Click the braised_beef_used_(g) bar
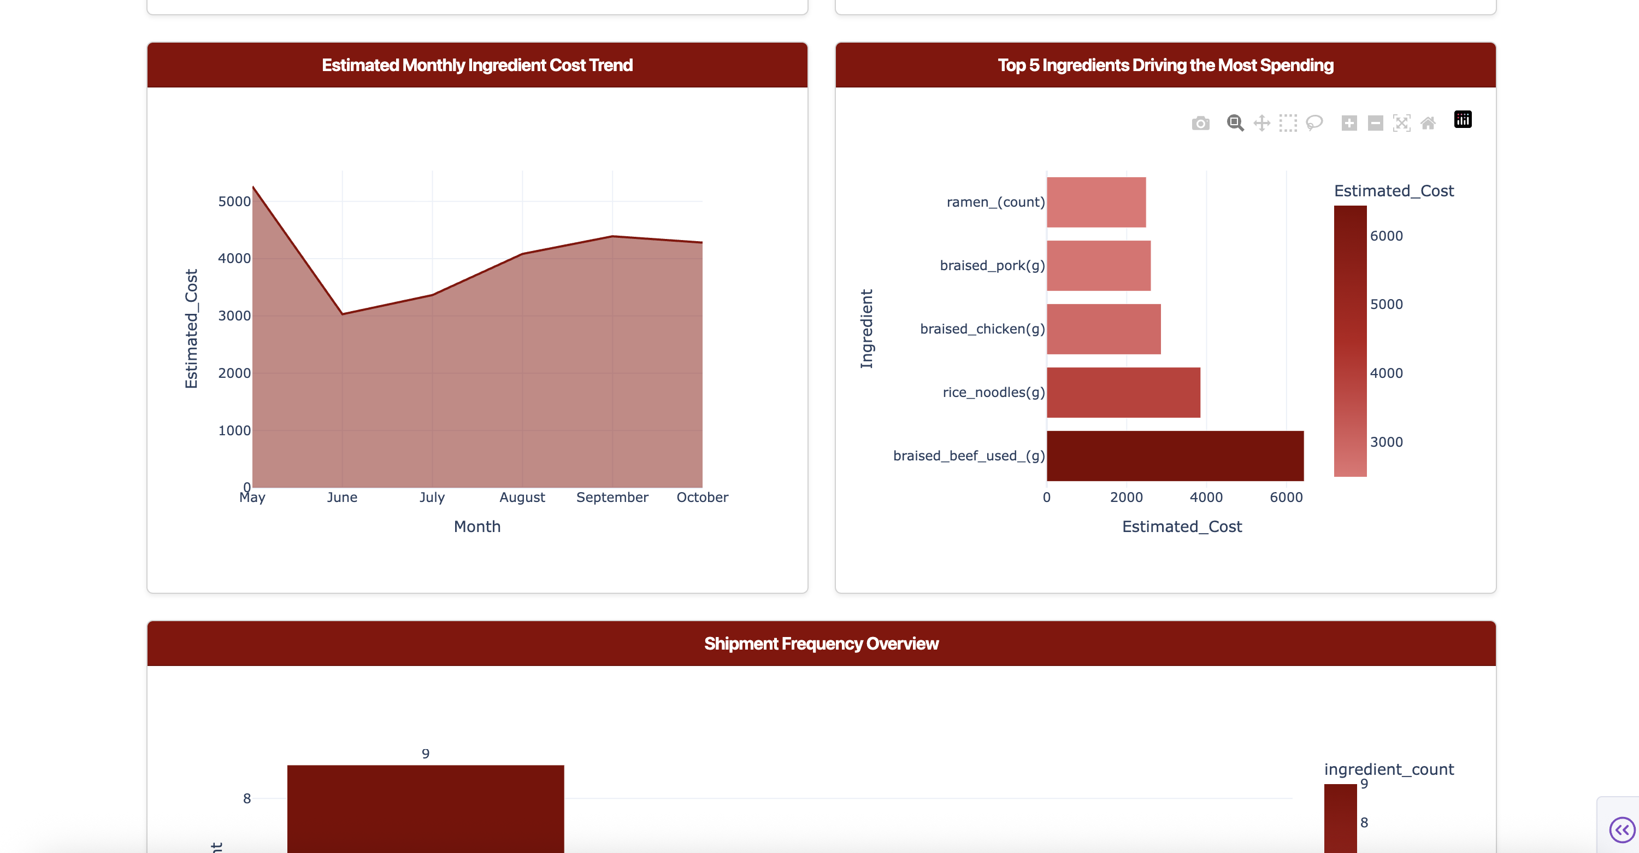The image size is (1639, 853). coord(1175,456)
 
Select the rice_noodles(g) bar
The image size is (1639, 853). coord(1123,392)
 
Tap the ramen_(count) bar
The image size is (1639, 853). coord(1095,202)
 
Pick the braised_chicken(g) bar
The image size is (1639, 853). coord(1103,329)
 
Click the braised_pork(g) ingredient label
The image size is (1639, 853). coord(992,265)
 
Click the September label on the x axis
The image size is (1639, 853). coord(611,497)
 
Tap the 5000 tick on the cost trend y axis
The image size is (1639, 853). coord(234,202)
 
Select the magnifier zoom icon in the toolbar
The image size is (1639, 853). coord(1234,123)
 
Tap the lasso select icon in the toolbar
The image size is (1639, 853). coord(1314,123)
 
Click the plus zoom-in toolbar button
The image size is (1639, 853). coord(1349,123)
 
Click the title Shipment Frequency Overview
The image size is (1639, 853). coord(821,644)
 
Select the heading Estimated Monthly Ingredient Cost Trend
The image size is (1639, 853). coord(477,65)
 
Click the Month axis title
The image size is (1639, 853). coord(477,527)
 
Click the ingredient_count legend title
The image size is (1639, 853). coord(1388,769)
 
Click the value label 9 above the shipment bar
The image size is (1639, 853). coord(426,753)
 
